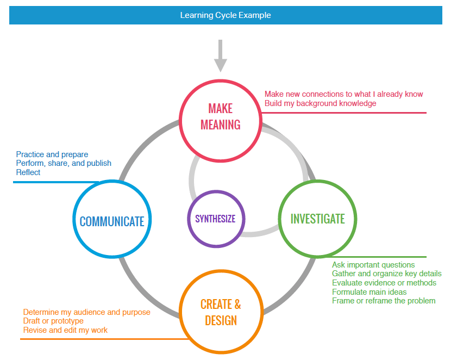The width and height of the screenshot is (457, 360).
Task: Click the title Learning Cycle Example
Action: click(226, 15)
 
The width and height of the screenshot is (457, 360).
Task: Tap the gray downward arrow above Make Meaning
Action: click(220, 57)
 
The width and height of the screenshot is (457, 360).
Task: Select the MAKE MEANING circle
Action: click(220, 116)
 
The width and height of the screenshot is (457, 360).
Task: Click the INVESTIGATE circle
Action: click(317, 219)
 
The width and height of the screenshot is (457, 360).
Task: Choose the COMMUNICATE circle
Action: click(112, 221)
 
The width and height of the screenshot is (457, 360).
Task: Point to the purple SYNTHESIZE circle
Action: click(216, 219)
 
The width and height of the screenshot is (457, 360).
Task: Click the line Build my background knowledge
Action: click(320, 103)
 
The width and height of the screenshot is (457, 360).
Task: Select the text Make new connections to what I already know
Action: click(343, 94)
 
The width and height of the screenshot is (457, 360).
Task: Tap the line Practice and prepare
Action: click(52, 154)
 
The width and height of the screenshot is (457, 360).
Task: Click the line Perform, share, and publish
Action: click(64, 163)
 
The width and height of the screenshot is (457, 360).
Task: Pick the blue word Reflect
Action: click(28, 172)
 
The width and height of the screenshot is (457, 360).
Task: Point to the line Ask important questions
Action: click(373, 265)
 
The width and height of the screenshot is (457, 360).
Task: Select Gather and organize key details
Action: click(386, 274)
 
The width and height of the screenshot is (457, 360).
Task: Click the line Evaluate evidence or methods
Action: click(384, 283)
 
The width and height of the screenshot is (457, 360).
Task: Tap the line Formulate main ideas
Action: click(370, 292)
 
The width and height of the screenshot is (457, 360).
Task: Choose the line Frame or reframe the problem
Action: click(384, 301)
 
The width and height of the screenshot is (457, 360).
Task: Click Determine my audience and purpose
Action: click(87, 312)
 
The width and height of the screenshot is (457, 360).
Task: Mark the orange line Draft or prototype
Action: click(53, 321)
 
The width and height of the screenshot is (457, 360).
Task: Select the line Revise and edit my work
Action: click(65, 330)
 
